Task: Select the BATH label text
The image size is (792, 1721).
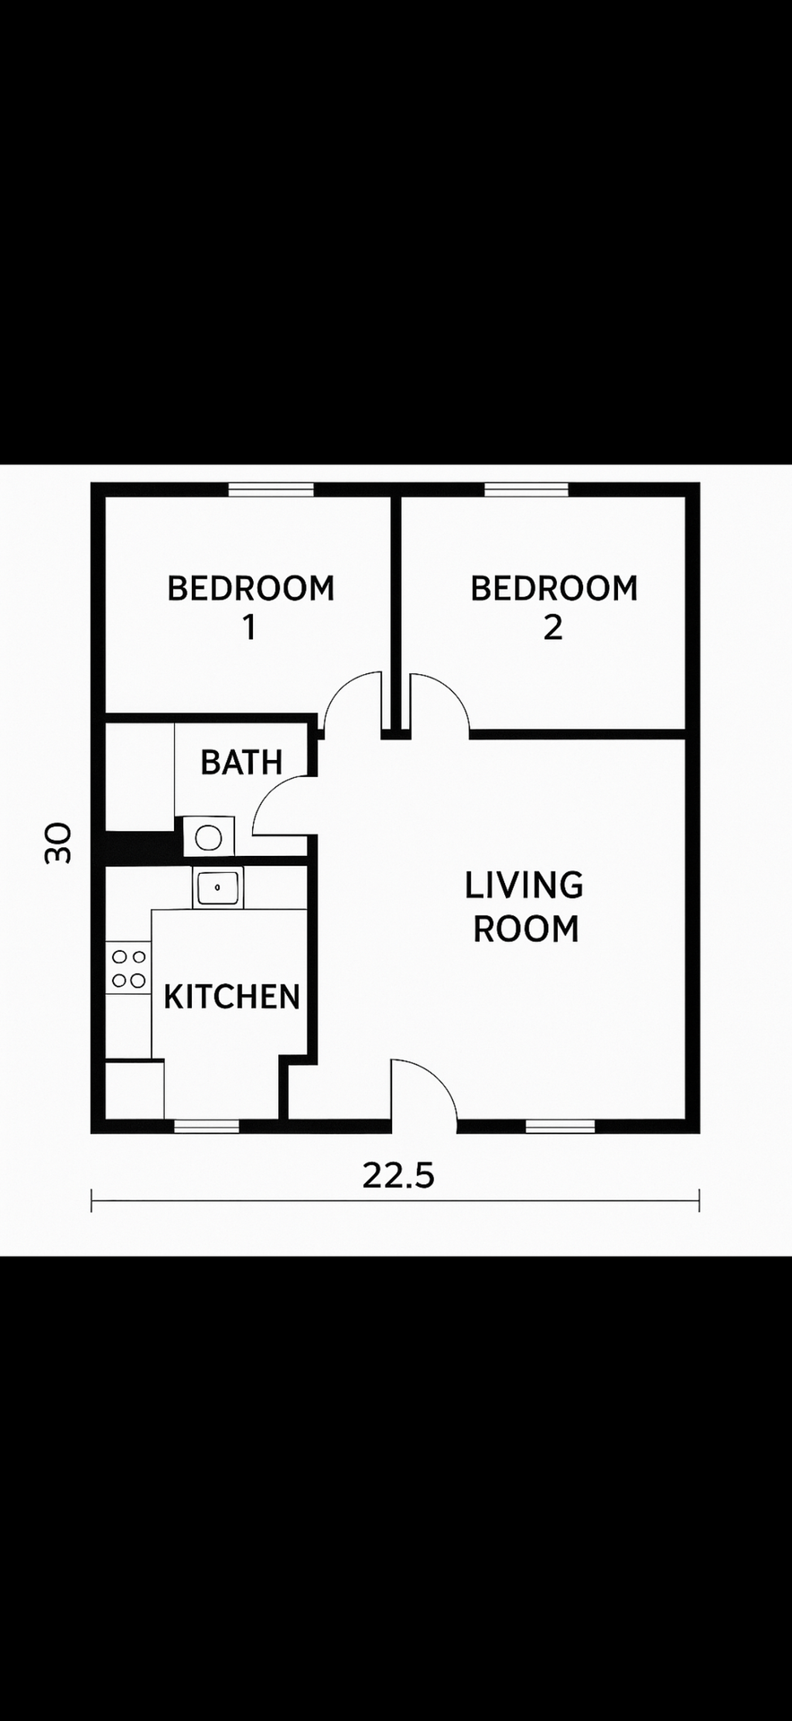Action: [241, 762]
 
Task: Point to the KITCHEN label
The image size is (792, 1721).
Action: [231, 996]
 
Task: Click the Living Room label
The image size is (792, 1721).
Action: [525, 906]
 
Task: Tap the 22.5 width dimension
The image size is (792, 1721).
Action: [398, 1174]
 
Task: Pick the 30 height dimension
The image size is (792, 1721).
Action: [58, 843]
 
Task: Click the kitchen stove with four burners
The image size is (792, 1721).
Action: [128, 968]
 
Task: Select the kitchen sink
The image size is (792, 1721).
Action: [218, 887]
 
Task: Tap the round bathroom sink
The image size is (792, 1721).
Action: [209, 837]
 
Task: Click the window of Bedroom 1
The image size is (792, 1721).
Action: [271, 489]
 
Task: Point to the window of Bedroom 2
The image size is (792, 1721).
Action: [527, 489]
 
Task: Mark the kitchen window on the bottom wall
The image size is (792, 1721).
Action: [206, 1127]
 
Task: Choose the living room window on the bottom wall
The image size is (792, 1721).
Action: [560, 1127]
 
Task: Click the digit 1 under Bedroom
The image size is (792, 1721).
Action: [249, 627]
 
